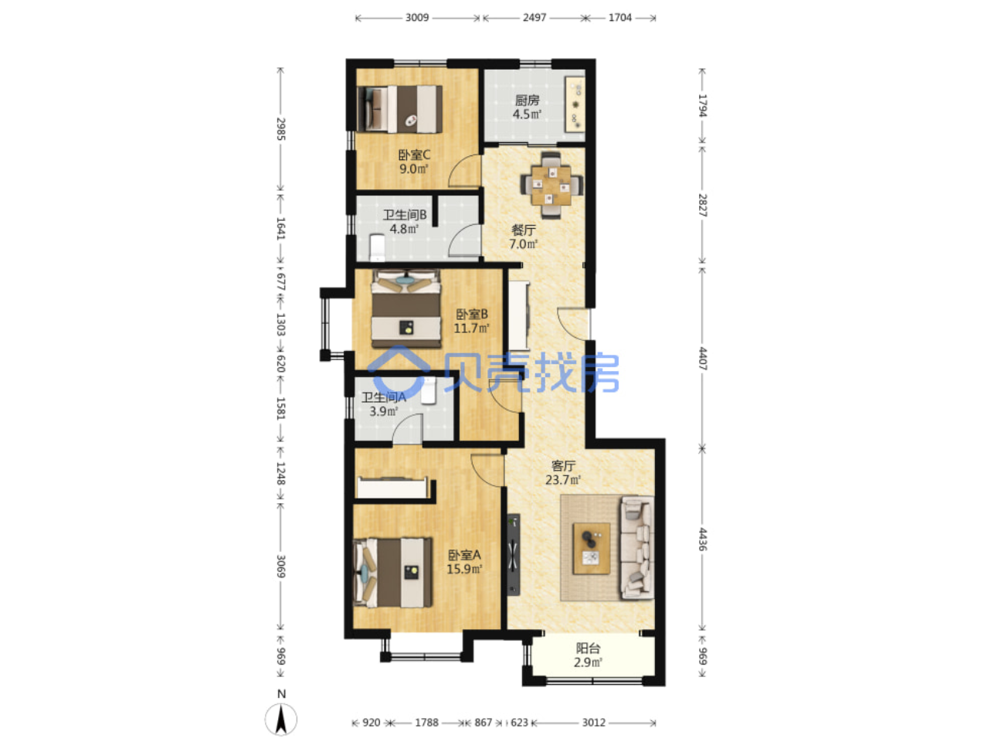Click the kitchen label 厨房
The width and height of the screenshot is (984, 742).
pyautogui.click(x=526, y=100)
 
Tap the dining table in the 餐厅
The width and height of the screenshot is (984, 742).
pyautogui.click(x=551, y=185)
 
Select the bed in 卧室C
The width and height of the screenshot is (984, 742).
pyautogui.click(x=399, y=109)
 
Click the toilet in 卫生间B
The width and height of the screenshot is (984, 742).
pyautogui.click(x=377, y=247)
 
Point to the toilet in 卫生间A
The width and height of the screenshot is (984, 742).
pyautogui.click(x=429, y=390)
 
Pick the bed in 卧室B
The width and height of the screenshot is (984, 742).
pyautogui.click(x=405, y=308)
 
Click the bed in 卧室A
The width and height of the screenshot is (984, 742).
pyautogui.click(x=393, y=573)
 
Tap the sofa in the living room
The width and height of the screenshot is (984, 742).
pyautogui.click(x=637, y=547)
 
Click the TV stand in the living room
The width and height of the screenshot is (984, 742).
pyautogui.click(x=514, y=554)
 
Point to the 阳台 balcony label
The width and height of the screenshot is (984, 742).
pyautogui.click(x=588, y=648)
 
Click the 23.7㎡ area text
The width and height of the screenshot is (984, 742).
pyautogui.click(x=562, y=479)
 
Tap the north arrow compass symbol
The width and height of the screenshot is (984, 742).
pyautogui.click(x=281, y=719)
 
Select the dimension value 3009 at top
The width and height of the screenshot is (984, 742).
pyautogui.click(x=417, y=18)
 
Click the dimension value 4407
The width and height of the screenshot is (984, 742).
pyautogui.click(x=703, y=359)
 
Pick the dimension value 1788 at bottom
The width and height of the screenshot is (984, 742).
pyautogui.click(x=426, y=722)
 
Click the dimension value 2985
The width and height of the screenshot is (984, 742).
pyautogui.click(x=280, y=129)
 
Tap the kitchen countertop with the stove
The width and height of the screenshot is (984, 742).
pyautogui.click(x=575, y=104)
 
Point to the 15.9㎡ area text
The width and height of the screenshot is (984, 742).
pyautogui.click(x=464, y=569)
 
